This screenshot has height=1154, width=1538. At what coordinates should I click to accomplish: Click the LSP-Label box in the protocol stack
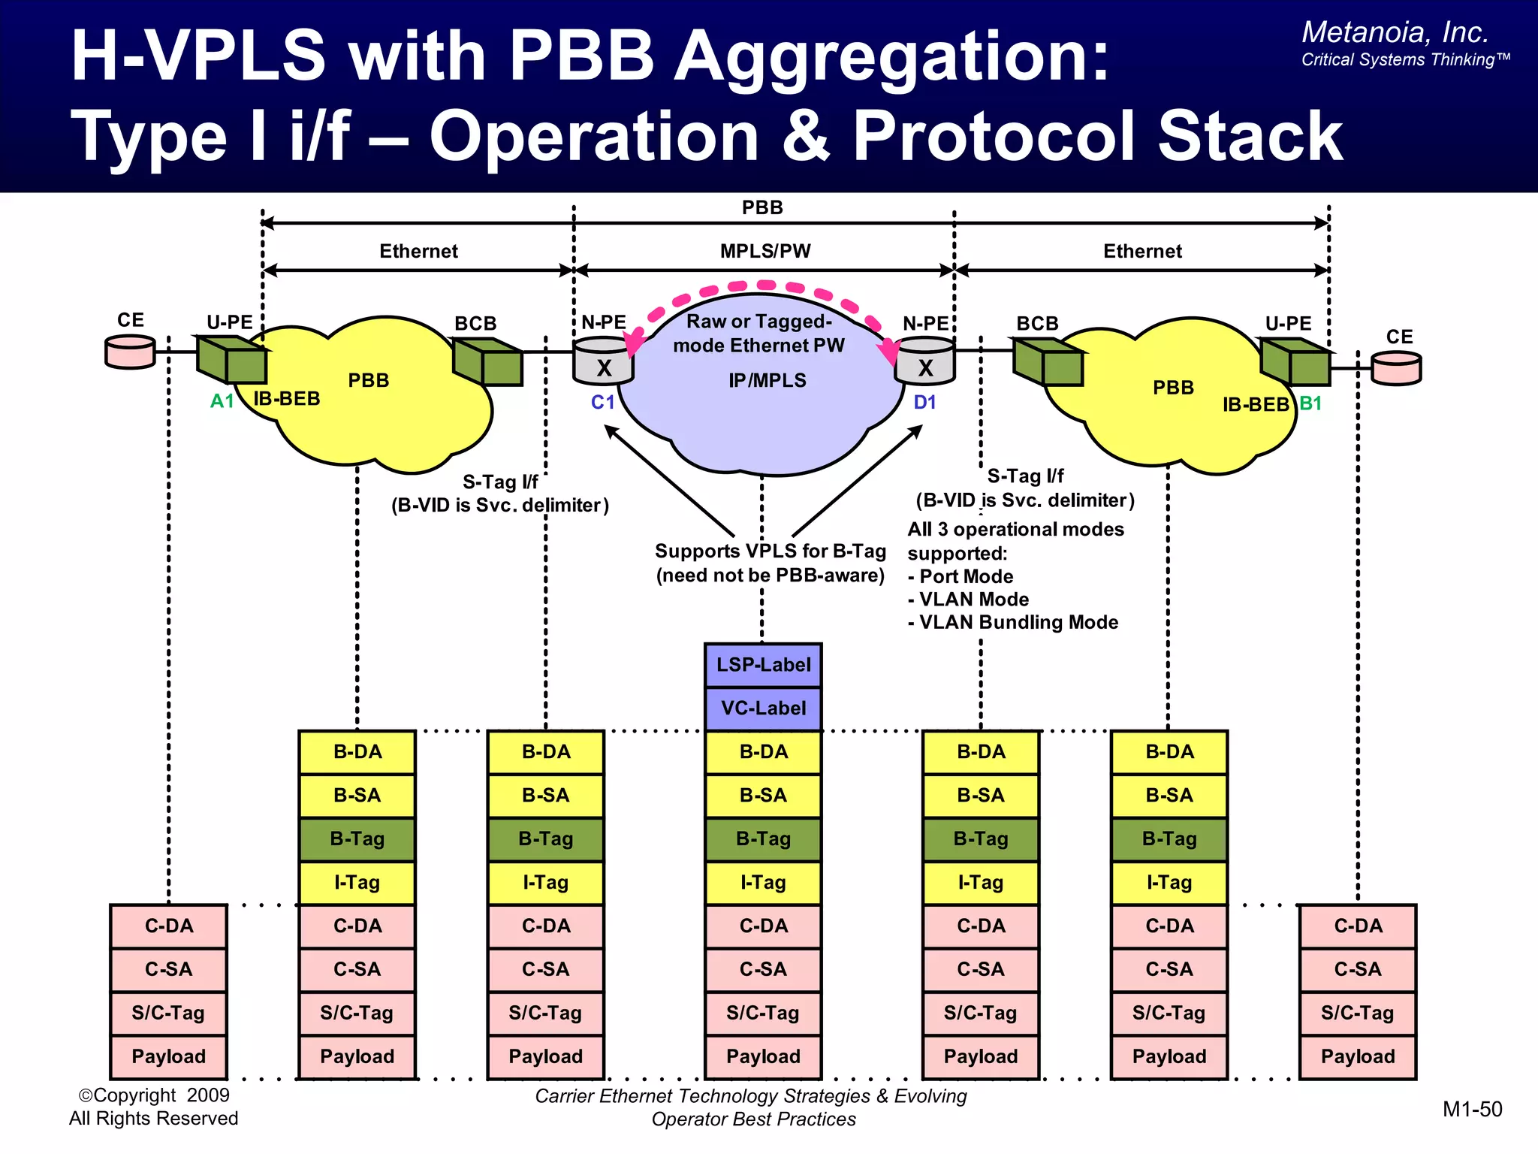pyautogui.click(x=763, y=665)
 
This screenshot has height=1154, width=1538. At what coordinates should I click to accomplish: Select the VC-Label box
pyautogui.click(x=763, y=708)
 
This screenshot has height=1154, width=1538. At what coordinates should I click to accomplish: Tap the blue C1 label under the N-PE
pyautogui.click(x=603, y=403)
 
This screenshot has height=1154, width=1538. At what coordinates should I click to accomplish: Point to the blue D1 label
pyautogui.click(x=924, y=403)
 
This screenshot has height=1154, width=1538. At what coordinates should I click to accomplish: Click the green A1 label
pyautogui.click(x=222, y=401)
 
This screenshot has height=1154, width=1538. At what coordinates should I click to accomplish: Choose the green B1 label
pyautogui.click(x=1310, y=403)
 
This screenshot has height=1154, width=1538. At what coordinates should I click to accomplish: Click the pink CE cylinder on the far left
pyautogui.click(x=130, y=352)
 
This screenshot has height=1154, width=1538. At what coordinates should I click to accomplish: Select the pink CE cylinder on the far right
pyautogui.click(x=1396, y=369)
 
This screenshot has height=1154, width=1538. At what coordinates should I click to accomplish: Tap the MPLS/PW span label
pyautogui.click(x=765, y=251)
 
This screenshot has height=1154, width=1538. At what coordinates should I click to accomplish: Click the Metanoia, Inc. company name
pyautogui.click(x=1395, y=32)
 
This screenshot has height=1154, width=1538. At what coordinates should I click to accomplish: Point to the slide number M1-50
pyautogui.click(x=1472, y=1110)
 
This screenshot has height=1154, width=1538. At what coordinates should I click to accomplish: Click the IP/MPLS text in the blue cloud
pyautogui.click(x=767, y=381)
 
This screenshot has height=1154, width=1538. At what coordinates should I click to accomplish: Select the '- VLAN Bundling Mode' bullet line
pyautogui.click(x=1013, y=622)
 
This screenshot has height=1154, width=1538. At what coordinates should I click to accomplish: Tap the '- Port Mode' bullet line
pyautogui.click(x=960, y=576)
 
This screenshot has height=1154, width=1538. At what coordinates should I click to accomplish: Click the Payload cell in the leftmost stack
pyautogui.click(x=169, y=1057)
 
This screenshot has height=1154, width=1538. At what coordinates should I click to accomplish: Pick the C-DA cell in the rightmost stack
pyautogui.click(x=1358, y=926)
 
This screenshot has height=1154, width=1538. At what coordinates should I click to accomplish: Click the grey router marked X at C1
pyautogui.click(x=603, y=361)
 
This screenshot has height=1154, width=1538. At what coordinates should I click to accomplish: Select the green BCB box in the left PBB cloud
pyautogui.click(x=487, y=361)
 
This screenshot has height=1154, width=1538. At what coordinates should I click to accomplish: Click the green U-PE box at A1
pyautogui.click(x=231, y=360)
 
